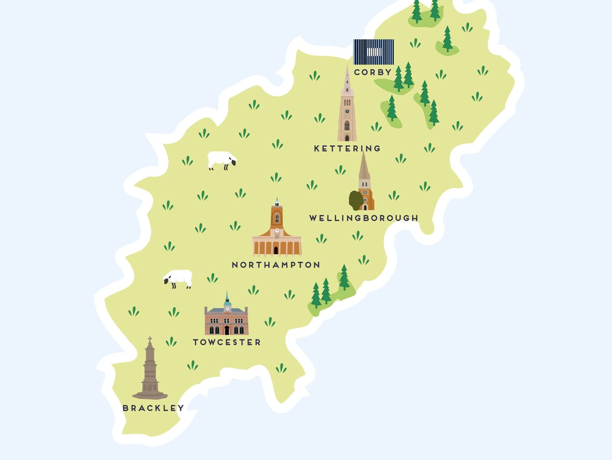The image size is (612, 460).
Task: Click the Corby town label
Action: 373,72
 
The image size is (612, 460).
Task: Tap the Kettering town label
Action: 347,148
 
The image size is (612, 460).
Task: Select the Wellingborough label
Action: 363,218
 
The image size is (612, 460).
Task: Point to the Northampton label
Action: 276,265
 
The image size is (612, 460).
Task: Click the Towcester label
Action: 227,342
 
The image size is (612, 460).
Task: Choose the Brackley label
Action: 153,408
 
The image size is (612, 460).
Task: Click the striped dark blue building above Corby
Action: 374,52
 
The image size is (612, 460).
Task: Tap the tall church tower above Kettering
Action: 347,107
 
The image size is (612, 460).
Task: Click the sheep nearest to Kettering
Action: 221,160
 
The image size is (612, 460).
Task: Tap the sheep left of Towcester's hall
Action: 178,278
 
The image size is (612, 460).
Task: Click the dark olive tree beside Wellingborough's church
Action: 355,200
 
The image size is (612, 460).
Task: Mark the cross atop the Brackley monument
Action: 150,340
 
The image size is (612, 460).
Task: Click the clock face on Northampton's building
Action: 277,231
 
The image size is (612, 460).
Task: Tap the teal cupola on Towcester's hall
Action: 227,303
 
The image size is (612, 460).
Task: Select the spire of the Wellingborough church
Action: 364,164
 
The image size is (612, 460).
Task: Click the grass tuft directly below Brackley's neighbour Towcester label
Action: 192,365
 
